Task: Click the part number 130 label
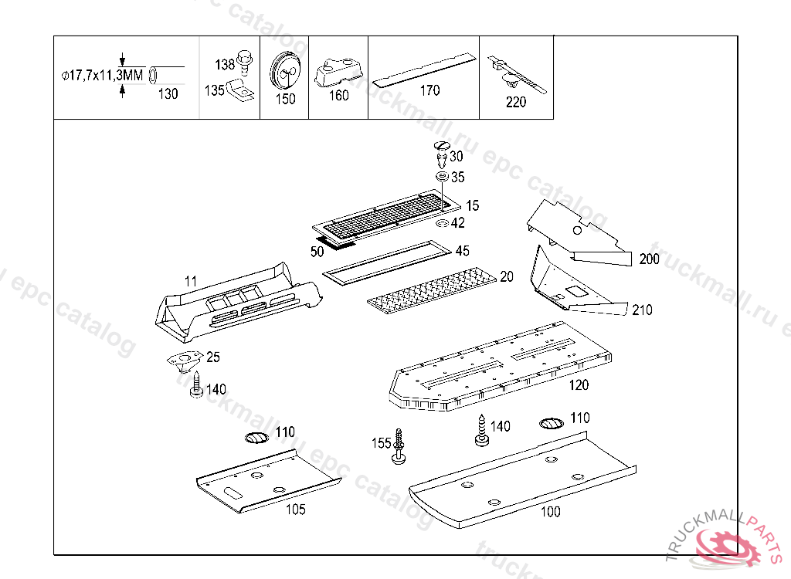click(168, 94)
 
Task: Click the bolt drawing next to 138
click(244, 59)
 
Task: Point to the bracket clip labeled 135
click(241, 91)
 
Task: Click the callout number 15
click(472, 205)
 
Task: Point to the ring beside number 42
click(443, 223)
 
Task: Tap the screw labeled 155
click(399, 446)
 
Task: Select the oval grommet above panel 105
click(256, 438)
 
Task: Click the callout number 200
click(650, 259)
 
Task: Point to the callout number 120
click(578, 384)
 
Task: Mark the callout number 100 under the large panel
click(550, 511)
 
